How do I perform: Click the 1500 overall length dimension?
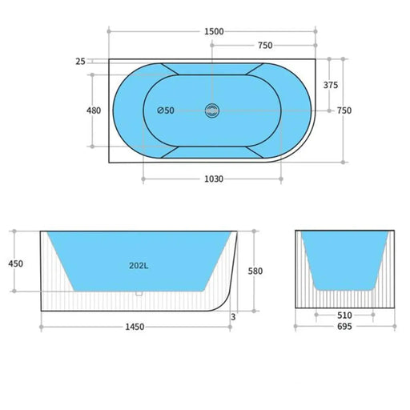(x=212, y=31)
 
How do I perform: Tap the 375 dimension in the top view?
(x=329, y=85)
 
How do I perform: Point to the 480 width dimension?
(x=93, y=111)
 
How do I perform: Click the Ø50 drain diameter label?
(x=166, y=111)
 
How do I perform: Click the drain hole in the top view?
(x=212, y=111)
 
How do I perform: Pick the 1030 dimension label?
(x=212, y=179)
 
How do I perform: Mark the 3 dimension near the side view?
(x=234, y=317)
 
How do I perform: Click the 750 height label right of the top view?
(x=344, y=111)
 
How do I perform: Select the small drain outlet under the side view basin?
(x=139, y=294)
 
